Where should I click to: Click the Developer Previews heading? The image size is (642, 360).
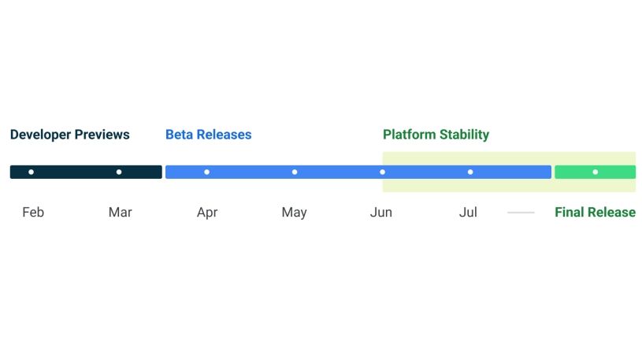pyautogui.click(x=69, y=135)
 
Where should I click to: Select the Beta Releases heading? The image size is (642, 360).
pyautogui.click(x=208, y=135)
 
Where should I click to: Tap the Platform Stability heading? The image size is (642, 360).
pyautogui.click(x=436, y=135)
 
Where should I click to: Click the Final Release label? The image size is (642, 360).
pyautogui.click(x=595, y=212)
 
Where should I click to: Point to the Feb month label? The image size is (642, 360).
pyautogui.click(x=33, y=212)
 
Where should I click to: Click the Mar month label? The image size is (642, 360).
pyautogui.click(x=120, y=212)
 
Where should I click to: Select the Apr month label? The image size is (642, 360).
pyautogui.click(x=207, y=212)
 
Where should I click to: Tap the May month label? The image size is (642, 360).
pyautogui.click(x=294, y=212)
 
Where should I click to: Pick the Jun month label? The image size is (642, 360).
pyautogui.click(x=381, y=212)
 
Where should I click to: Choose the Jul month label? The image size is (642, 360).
pyautogui.click(x=468, y=212)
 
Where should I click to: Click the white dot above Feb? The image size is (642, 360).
pyautogui.click(x=31, y=172)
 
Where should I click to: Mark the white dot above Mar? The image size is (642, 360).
pyautogui.click(x=119, y=172)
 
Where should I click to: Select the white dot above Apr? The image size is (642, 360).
pyautogui.click(x=206, y=172)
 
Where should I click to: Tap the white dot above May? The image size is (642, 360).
pyautogui.click(x=295, y=172)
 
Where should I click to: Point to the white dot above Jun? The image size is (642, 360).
pyautogui.click(x=383, y=172)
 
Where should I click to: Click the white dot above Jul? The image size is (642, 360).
pyautogui.click(x=470, y=172)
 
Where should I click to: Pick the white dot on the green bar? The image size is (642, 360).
pyautogui.click(x=595, y=172)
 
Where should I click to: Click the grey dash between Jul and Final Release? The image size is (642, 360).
pyautogui.click(x=521, y=213)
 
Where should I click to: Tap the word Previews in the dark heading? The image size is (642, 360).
pyautogui.click(x=102, y=135)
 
